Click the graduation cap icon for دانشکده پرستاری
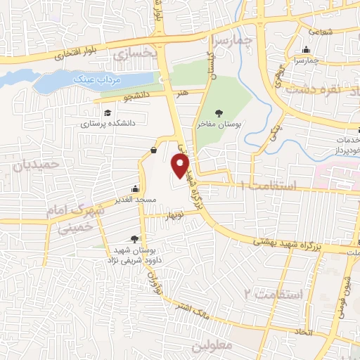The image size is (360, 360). (x=107, y=113)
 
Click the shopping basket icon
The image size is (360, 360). (x=154, y=149)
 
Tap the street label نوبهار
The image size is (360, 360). (x=174, y=215)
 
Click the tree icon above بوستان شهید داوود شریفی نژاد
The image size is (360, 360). (x=134, y=240)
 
